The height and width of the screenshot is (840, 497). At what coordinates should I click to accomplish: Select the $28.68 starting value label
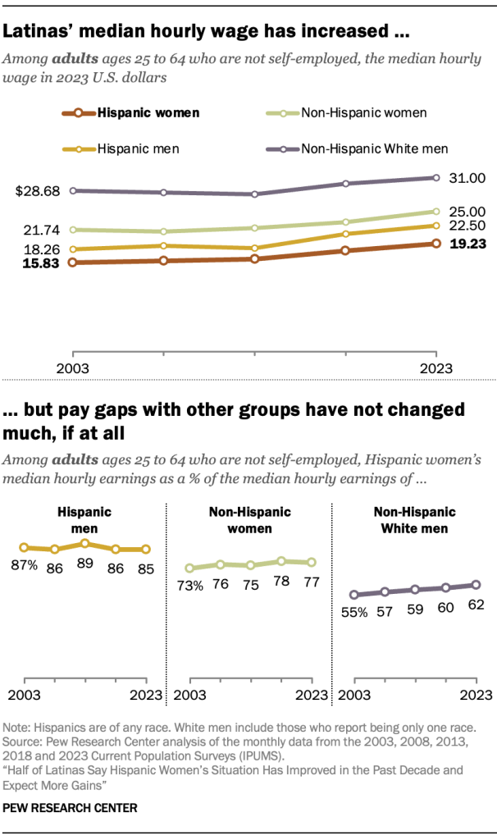(39, 191)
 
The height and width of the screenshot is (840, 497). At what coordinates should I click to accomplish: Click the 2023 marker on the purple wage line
(436, 177)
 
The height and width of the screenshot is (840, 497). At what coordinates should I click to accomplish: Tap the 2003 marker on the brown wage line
(74, 262)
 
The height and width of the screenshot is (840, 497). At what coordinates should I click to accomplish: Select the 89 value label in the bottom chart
(84, 565)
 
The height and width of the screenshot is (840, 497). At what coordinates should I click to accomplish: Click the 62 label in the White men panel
(476, 605)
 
